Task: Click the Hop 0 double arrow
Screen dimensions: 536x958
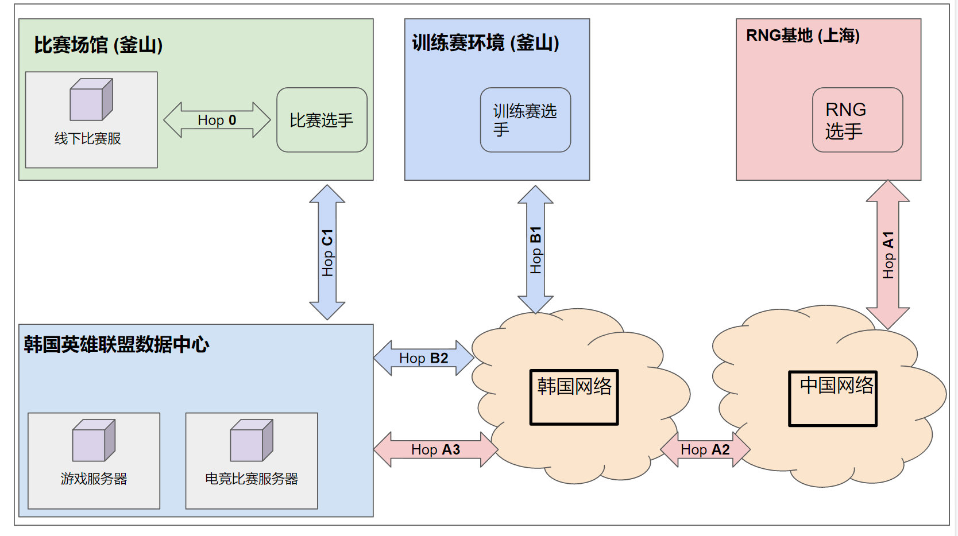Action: (217, 120)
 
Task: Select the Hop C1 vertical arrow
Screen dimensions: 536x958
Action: (327, 253)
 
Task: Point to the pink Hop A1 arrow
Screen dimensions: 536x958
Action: (887, 255)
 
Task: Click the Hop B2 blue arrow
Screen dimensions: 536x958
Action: (423, 358)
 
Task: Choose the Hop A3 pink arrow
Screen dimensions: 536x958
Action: (435, 449)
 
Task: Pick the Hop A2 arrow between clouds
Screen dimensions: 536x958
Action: (705, 449)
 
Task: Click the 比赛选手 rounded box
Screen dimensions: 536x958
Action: (322, 120)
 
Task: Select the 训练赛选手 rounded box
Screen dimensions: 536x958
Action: (525, 120)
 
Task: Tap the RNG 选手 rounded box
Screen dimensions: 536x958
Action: (857, 120)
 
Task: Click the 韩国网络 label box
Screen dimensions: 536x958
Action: (574, 397)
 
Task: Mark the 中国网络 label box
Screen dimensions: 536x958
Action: (833, 398)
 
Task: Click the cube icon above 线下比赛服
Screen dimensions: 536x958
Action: (91, 100)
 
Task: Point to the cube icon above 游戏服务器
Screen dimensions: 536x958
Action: (94, 440)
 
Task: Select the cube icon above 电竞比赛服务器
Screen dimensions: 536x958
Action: (252, 440)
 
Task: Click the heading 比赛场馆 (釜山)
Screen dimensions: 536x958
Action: (98, 45)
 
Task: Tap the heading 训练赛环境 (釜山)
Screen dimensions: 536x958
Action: (485, 42)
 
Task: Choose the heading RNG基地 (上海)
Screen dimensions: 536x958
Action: (802, 36)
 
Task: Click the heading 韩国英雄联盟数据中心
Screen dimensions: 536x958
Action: (117, 344)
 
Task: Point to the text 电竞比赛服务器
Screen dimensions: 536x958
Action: (252, 479)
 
